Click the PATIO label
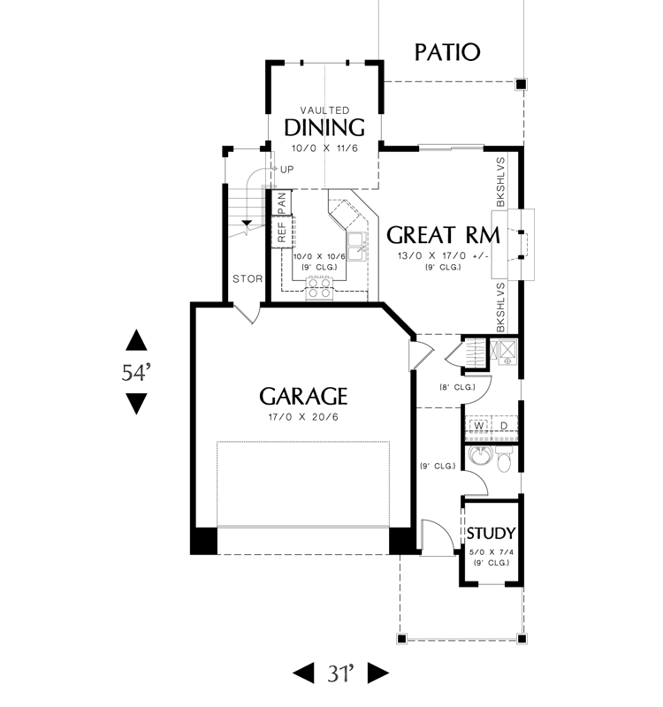coord(447,52)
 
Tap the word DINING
coord(324,127)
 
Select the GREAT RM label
coord(444,235)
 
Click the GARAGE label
coord(303,396)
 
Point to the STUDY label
coord(491,534)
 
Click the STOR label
coord(248,279)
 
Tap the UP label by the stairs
coord(286,170)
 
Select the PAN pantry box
coord(281,202)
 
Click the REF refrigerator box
coord(282,232)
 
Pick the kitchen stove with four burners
coord(320,288)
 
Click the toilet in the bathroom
coord(503,459)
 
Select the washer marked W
coord(479,426)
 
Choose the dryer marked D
coord(504,426)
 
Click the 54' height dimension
coord(136,372)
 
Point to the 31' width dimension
coord(340,673)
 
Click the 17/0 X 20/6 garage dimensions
coord(303,417)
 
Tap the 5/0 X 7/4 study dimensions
coord(492,551)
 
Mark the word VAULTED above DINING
coord(324,110)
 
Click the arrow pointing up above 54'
coord(136,340)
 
